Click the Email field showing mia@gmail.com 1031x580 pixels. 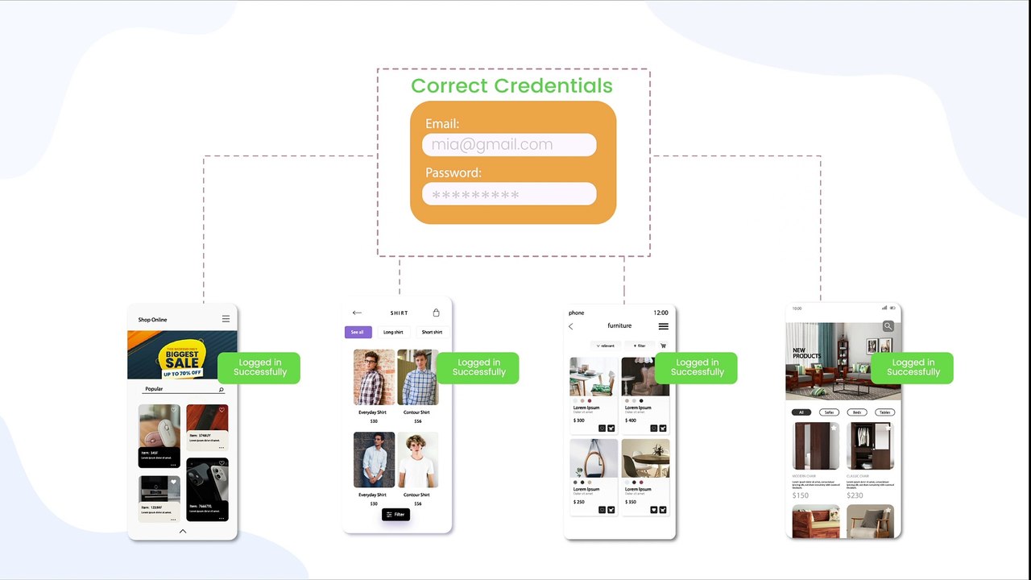point(508,145)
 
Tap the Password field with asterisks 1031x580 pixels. point(508,194)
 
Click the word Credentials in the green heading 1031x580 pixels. point(553,86)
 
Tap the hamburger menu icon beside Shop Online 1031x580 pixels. point(226,320)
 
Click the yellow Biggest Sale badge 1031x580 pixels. point(182,359)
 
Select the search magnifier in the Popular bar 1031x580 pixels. point(222,390)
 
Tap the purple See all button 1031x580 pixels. point(358,332)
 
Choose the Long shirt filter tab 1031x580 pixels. point(393,332)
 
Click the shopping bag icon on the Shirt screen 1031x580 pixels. point(437,313)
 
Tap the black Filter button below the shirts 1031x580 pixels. point(395,514)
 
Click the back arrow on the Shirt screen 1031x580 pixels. point(357,313)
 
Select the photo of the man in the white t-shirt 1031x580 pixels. point(418,460)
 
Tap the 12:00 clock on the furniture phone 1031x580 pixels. point(660,313)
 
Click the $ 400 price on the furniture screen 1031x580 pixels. point(631,420)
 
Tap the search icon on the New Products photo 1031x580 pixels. point(888,326)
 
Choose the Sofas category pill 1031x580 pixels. point(830,412)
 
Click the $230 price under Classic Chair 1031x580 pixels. point(855,495)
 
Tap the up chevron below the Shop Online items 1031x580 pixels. point(183,531)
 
